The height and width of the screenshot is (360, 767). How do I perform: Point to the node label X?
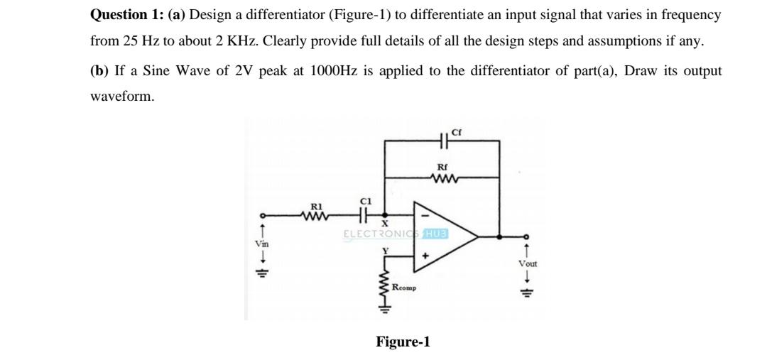(389, 225)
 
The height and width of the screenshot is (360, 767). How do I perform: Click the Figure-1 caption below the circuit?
(403, 342)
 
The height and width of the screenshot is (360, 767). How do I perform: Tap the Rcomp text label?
(404, 288)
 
